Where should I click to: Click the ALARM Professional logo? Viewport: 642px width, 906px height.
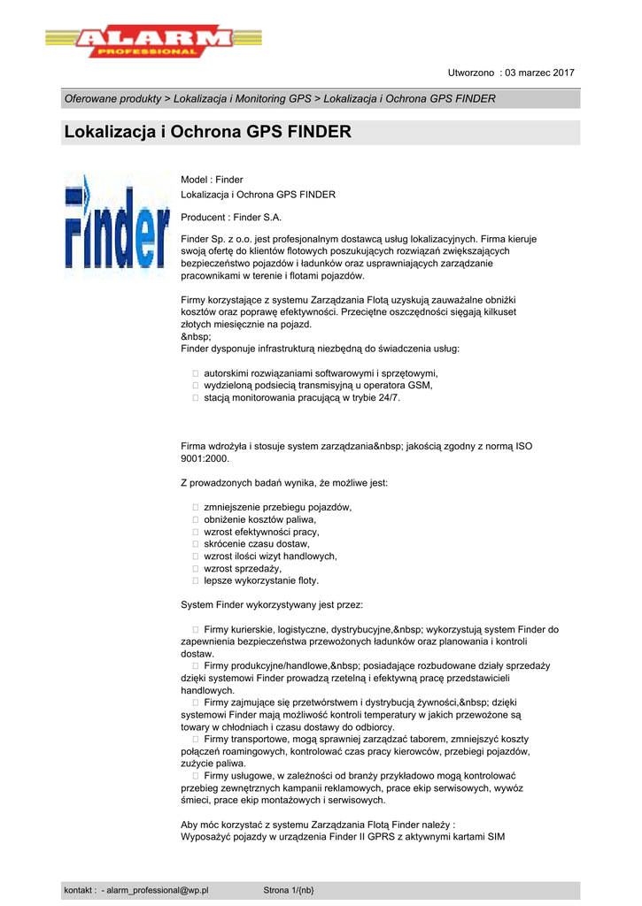(154, 42)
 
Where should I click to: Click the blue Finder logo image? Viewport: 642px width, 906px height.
(116, 226)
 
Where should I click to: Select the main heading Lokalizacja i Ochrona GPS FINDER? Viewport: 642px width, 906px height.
(208, 133)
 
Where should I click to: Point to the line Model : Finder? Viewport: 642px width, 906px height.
(212, 180)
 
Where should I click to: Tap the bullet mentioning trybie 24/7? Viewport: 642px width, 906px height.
(301, 397)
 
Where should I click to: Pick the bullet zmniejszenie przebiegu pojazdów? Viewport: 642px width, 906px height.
(277, 507)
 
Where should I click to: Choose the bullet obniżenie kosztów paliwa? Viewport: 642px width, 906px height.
(259, 519)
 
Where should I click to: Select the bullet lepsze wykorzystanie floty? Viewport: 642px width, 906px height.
(261, 581)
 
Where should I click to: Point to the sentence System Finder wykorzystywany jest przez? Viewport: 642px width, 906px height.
(272, 605)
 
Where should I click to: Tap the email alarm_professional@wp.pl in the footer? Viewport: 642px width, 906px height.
(157, 890)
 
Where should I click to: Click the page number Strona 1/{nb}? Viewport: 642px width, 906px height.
(289, 890)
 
